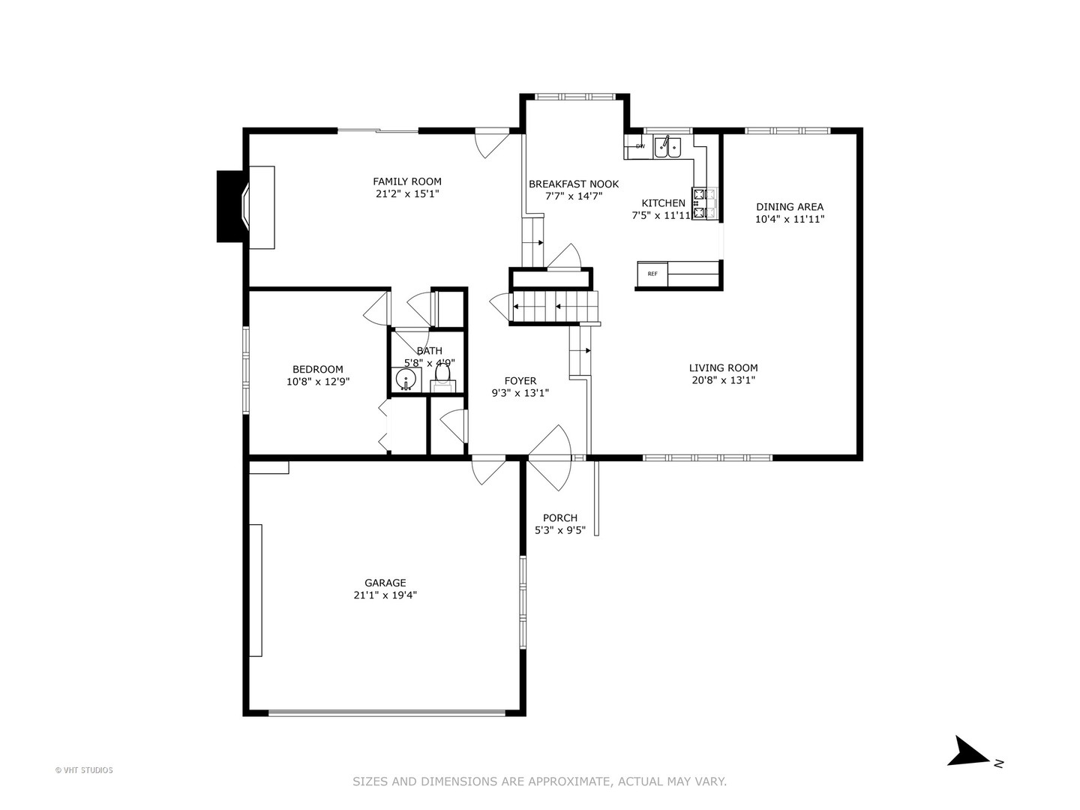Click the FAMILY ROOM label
[x=407, y=181]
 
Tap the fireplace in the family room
[x=246, y=206]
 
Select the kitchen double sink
[x=667, y=147]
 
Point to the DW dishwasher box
[x=639, y=146]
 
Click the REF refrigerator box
[x=652, y=274]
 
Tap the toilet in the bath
[x=442, y=376]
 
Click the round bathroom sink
[x=406, y=379]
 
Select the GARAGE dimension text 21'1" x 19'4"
[x=385, y=595]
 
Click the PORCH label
[x=560, y=517]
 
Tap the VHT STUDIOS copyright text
[x=84, y=770]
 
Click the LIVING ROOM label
[x=723, y=367]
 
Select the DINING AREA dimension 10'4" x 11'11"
[x=790, y=219]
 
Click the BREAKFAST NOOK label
[x=574, y=184]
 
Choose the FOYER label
[x=520, y=381]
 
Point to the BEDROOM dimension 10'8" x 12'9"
[x=318, y=381]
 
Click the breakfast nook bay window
[x=574, y=97]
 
